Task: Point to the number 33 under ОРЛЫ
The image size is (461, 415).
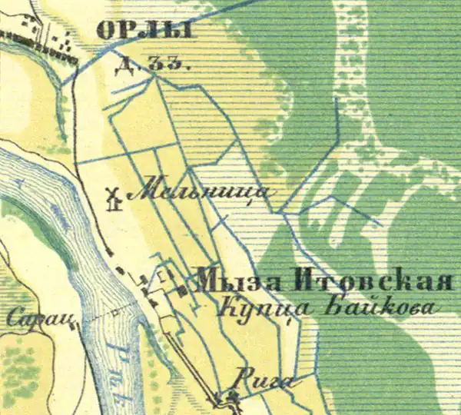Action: click(162, 65)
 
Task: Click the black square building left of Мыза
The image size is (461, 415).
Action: click(182, 290)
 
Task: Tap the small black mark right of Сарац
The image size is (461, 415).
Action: click(78, 326)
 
